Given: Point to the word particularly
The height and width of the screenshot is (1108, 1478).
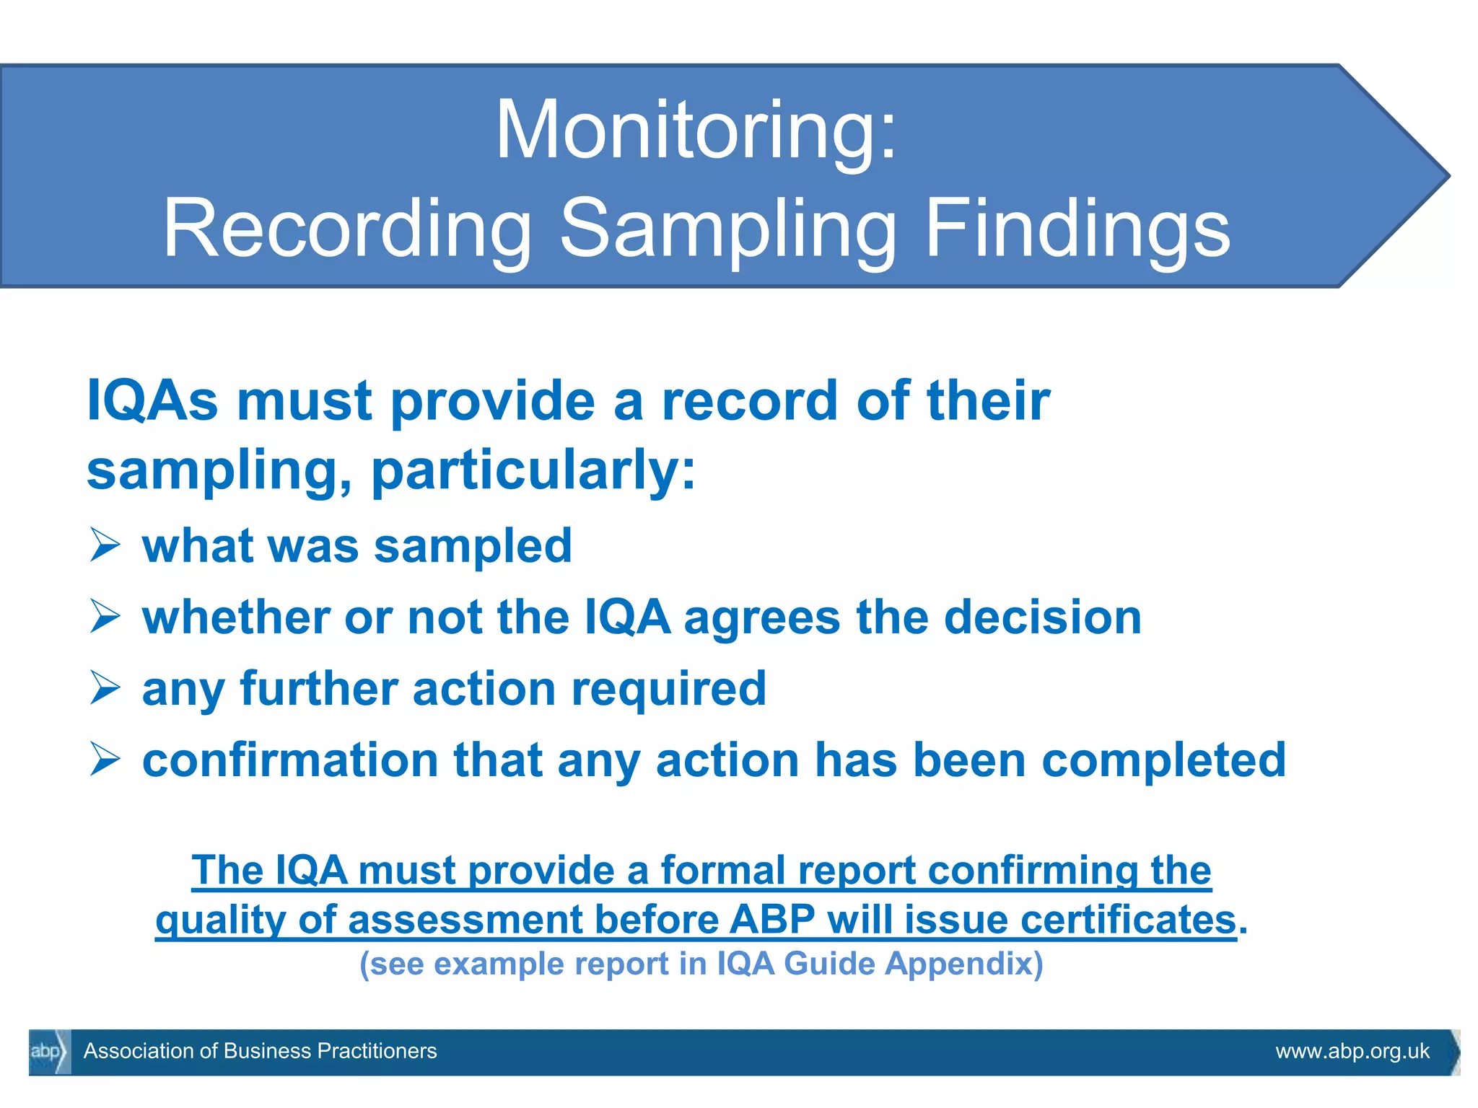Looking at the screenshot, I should tap(533, 470).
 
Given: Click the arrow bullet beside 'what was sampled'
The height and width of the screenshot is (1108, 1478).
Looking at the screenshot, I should tap(105, 545).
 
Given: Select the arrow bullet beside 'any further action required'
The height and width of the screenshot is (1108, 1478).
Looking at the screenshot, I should tap(105, 687).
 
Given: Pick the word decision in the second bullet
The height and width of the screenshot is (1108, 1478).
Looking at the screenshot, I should tap(1042, 617).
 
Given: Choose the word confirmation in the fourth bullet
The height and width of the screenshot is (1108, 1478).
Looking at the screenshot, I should tap(290, 760).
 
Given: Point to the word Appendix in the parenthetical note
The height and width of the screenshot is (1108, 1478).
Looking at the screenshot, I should tap(964, 964).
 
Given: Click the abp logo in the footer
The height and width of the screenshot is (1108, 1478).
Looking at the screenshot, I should tap(48, 1052).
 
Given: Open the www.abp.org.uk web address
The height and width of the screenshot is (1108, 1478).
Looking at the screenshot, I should tap(1352, 1052).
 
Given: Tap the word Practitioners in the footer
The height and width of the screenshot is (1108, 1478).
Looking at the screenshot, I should tap(377, 1051).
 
